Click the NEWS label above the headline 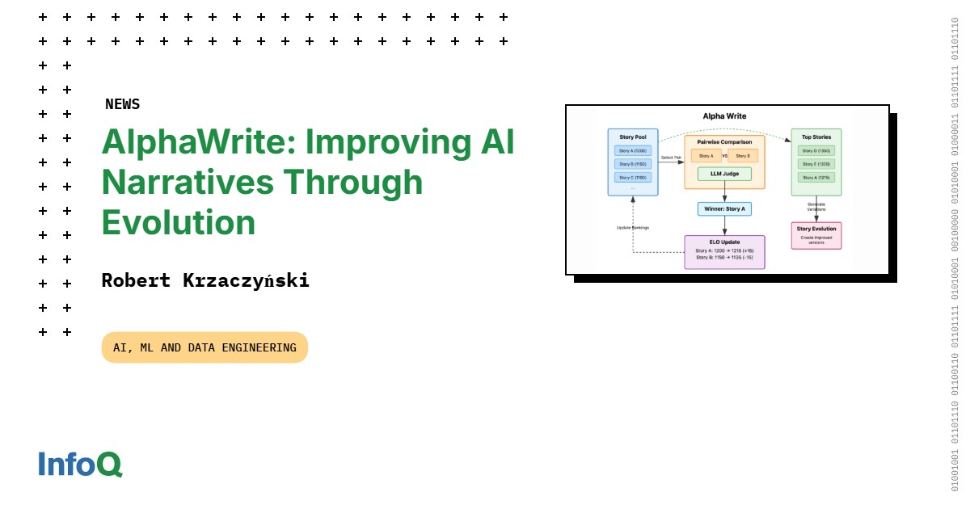click(122, 104)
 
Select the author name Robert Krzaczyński click(205, 281)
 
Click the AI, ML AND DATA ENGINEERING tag click(205, 347)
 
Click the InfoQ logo click(80, 464)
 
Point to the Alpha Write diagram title click(724, 116)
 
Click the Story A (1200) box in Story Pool click(633, 151)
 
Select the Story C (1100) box click(633, 177)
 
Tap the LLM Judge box click(724, 174)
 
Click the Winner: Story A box click(724, 208)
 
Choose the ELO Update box click(724, 251)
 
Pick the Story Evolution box click(816, 235)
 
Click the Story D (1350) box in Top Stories click(816, 151)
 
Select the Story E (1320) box click(816, 164)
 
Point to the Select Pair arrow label click(672, 158)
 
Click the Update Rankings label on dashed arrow click(633, 228)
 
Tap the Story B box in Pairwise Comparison click(742, 156)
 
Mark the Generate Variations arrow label click(816, 207)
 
